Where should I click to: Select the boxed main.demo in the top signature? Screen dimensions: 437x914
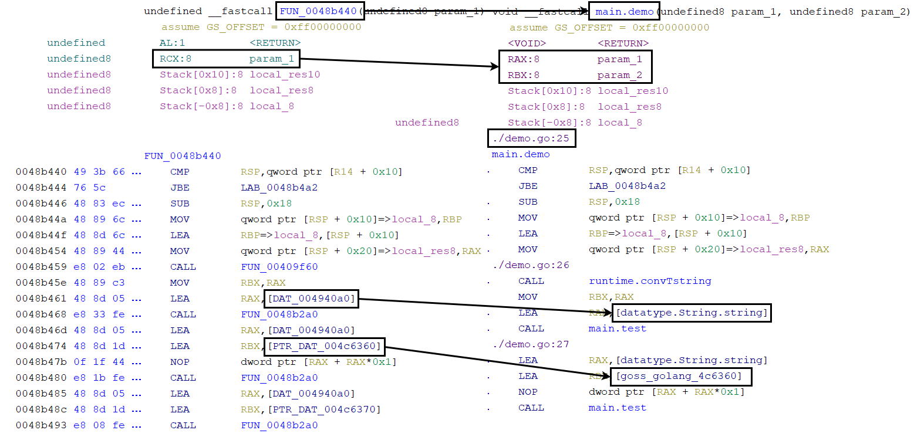click(625, 11)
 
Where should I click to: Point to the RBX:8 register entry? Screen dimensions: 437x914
click(524, 75)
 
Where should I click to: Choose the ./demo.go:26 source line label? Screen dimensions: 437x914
click(531, 265)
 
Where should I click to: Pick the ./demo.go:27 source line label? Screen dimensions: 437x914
click(531, 344)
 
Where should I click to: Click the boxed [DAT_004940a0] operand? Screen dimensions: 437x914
click(311, 299)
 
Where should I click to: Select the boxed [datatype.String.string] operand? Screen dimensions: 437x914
click(691, 313)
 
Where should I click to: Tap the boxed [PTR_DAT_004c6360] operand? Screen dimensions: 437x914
click(325, 346)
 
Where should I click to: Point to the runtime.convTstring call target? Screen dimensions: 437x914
click(649, 281)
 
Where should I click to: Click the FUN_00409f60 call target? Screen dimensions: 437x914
click(279, 267)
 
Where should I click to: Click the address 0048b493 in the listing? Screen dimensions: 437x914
click(41, 425)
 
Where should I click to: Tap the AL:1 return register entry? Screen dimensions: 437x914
click(173, 43)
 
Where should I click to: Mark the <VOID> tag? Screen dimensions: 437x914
click(527, 43)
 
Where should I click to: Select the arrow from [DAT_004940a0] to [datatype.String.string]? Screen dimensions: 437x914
click(485, 306)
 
